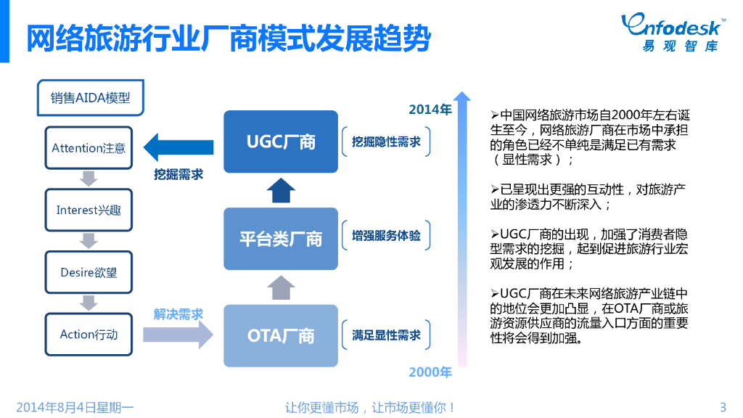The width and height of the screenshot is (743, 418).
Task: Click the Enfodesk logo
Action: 672,32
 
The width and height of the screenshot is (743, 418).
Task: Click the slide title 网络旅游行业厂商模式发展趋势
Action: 228,38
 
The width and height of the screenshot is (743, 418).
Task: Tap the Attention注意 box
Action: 89,148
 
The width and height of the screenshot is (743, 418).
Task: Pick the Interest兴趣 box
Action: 89,210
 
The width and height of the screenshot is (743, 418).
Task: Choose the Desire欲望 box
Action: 89,273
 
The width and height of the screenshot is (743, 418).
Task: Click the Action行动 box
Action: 89,335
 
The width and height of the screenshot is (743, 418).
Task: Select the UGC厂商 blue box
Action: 281,142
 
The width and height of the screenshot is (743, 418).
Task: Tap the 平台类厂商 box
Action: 281,239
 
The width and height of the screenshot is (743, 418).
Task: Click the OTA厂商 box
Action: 281,336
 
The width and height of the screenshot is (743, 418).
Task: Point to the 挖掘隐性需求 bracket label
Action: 386,142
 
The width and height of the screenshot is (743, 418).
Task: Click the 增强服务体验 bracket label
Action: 386,236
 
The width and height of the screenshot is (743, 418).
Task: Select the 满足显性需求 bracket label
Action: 386,335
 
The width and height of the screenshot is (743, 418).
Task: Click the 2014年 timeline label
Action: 430,110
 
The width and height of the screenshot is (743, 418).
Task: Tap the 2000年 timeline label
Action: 430,372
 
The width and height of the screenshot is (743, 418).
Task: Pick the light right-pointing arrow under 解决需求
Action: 178,335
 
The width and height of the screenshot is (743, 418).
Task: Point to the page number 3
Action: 722,407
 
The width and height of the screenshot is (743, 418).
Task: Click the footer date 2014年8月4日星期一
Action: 75,407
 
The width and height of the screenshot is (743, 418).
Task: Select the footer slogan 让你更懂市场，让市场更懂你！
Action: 371,407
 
